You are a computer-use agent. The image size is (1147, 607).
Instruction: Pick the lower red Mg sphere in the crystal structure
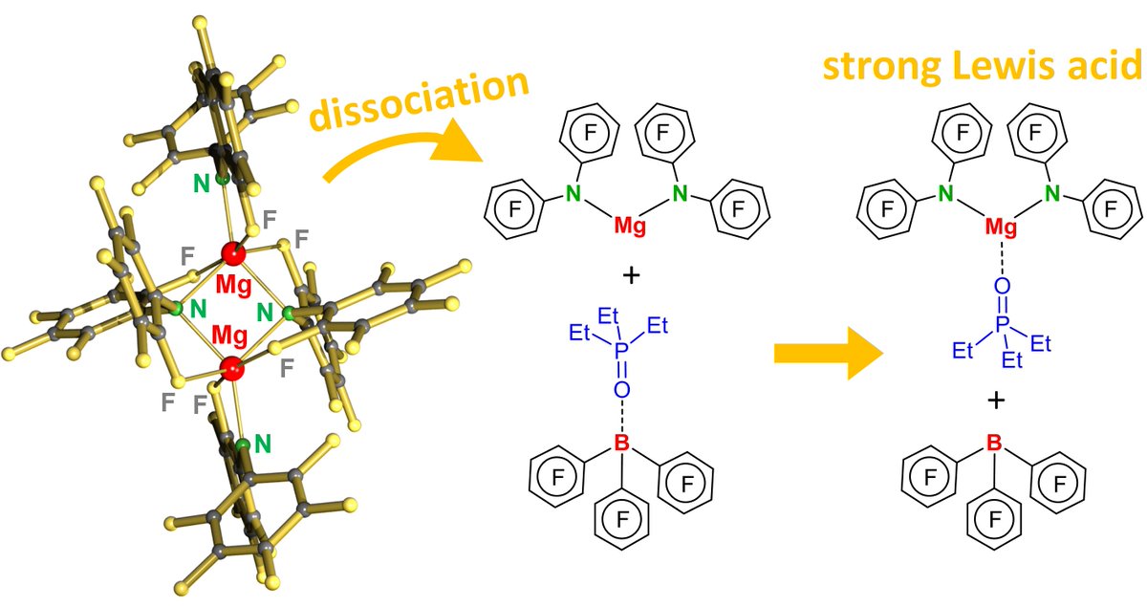click(x=230, y=368)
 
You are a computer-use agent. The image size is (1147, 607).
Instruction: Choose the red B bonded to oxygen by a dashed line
click(x=621, y=443)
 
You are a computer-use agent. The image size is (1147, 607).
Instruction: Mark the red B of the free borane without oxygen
click(x=995, y=444)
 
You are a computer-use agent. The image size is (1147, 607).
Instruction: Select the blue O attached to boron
click(x=621, y=389)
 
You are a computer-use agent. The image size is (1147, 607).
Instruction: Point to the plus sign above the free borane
click(x=995, y=400)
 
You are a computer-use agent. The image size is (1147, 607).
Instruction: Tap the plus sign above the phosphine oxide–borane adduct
click(x=630, y=277)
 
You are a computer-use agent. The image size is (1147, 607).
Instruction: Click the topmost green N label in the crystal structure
click(x=201, y=184)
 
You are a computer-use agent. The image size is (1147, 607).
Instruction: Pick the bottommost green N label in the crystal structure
click(x=262, y=444)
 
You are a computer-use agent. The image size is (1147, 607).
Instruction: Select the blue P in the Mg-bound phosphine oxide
click(x=1001, y=327)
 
